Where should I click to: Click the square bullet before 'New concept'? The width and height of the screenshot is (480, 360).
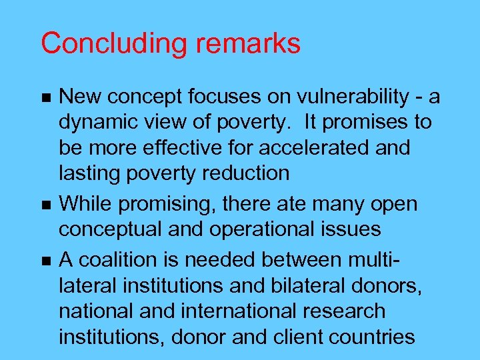click(x=45, y=98)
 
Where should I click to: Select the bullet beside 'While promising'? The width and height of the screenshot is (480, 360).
click(x=45, y=205)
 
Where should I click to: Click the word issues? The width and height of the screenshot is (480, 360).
click(x=349, y=229)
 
